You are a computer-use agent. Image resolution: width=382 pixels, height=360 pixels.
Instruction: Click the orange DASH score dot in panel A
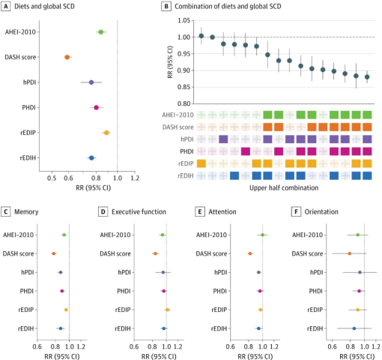click(x=67, y=57)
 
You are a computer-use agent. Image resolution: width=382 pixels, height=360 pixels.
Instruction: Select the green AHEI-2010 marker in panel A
click(x=101, y=32)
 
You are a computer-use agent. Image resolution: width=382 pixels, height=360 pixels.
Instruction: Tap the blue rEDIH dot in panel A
click(x=91, y=158)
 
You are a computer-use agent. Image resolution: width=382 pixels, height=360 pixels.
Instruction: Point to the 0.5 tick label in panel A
click(x=52, y=178)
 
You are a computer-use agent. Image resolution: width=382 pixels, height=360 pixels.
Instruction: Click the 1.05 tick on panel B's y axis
click(x=184, y=20)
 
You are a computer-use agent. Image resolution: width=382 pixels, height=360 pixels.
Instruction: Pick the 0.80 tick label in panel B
click(x=184, y=103)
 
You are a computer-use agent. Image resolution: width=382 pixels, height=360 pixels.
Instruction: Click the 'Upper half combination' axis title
click(x=284, y=188)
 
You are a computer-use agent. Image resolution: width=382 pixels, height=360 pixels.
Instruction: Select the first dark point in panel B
click(x=201, y=36)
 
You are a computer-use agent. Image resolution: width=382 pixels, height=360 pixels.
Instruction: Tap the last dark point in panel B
click(x=367, y=77)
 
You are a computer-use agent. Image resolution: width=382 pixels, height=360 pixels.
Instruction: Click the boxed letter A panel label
click(x=6, y=6)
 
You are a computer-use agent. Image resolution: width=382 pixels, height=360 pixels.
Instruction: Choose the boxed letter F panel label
click(x=296, y=212)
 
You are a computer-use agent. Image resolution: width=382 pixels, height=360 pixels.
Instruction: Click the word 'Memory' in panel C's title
click(x=26, y=212)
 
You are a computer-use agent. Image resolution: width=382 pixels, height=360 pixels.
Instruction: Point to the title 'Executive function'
click(x=139, y=212)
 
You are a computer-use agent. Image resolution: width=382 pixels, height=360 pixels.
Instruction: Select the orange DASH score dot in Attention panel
click(x=250, y=253)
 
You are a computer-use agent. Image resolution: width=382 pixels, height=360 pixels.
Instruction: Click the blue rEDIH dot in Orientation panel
click(x=354, y=328)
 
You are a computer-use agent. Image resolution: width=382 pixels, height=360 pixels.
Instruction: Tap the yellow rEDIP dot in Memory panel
click(x=66, y=310)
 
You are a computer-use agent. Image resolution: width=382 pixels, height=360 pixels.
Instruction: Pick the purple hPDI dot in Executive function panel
click(x=163, y=272)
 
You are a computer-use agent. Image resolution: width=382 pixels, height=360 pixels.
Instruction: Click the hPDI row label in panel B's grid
click(x=187, y=139)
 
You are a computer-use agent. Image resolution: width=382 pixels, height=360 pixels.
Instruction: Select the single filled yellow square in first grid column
click(x=201, y=163)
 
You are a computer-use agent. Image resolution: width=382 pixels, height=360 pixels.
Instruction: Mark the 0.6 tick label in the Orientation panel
click(x=332, y=346)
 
